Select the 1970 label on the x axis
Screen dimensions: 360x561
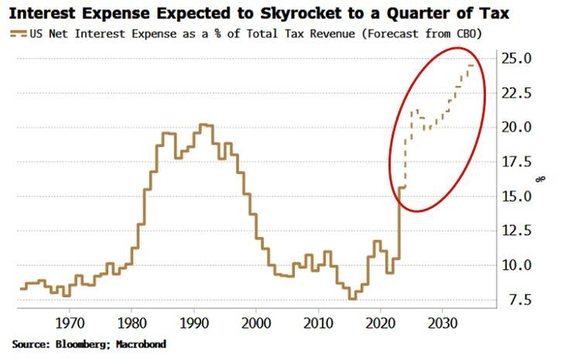pyautogui.click(x=69, y=321)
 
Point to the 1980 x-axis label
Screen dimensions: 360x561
pyautogui.click(x=132, y=321)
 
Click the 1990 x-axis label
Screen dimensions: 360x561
pyautogui.click(x=195, y=321)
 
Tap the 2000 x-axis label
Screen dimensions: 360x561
pyautogui.click(x=257, y=321)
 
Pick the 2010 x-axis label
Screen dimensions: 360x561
pyautogui.click(x=319, y=321)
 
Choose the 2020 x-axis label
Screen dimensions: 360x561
pyautogui.click(x=381, y=321)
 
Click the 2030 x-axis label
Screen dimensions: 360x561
pyautogui.click(x=444, y=321)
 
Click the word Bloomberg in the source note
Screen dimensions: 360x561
pyautogui.click(x=83, y=343)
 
